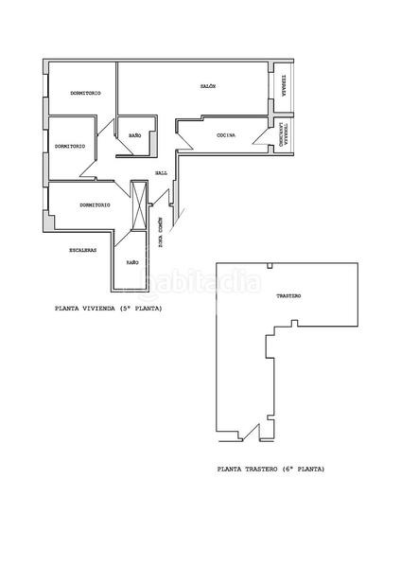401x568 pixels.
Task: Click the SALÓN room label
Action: pos(209,86)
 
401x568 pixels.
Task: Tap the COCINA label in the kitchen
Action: pos(225,135)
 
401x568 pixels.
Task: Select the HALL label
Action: pos(162,172)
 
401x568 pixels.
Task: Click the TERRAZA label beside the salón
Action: pos(282,87)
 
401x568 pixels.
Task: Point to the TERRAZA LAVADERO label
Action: pos(282,134)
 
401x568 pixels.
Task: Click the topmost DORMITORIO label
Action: pos(86,93)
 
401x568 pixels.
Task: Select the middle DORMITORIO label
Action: pos(71,146)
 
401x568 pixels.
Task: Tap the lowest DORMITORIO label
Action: pos(96,204)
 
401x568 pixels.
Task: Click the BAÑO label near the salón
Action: pos(134,135)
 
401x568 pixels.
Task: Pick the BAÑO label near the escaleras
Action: pos(132,260)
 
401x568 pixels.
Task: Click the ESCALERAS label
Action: pos(82,250)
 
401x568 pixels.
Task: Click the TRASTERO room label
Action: pos(288,296)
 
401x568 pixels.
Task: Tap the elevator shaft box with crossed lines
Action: pos(141,204)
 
